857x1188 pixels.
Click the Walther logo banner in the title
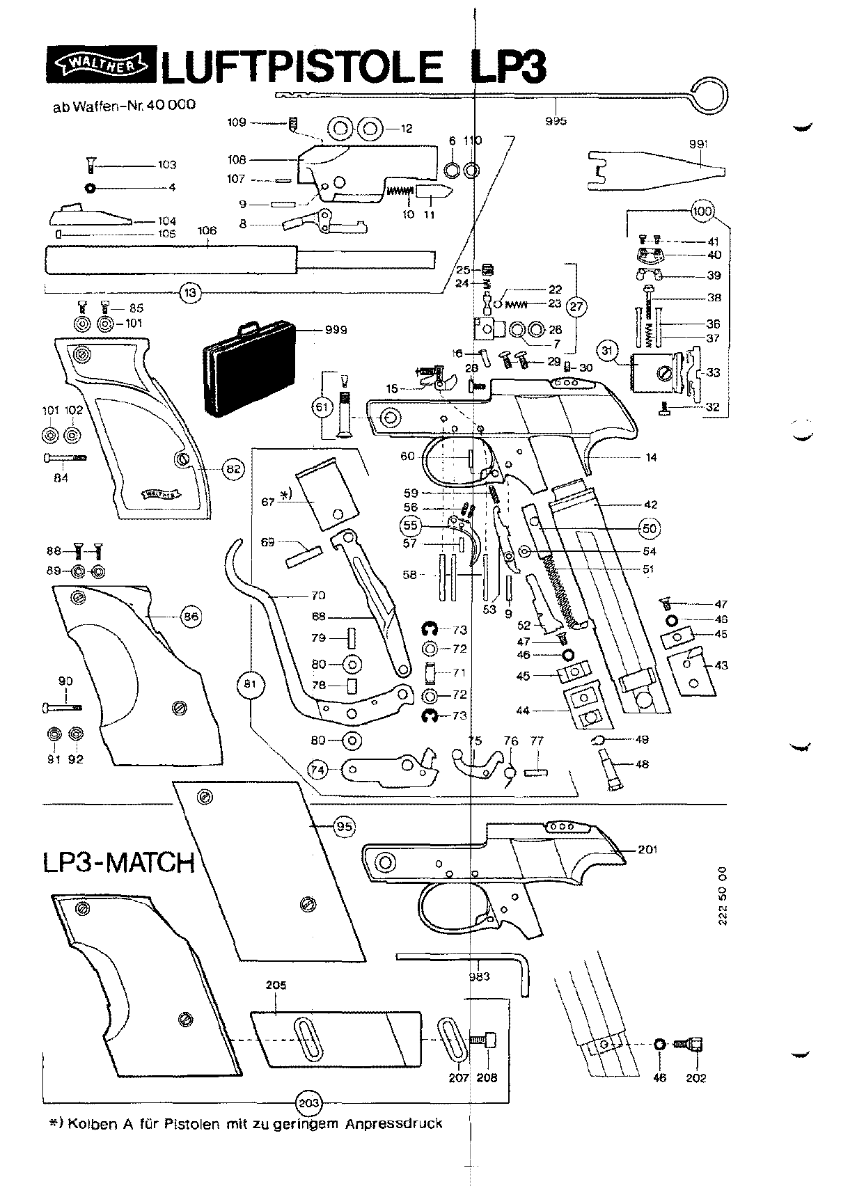(101, 65)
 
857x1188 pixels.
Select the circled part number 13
(190, 292)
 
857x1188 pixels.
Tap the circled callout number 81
(250, 684)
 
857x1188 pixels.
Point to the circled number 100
(702, 211)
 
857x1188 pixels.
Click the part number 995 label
(556, 121)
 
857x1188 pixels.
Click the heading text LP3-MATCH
(119, 862)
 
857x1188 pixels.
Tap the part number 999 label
(336, 330)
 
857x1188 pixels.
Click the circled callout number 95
(345, 826)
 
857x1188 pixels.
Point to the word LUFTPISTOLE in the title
(301, 67)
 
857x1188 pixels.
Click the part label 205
(276, 985)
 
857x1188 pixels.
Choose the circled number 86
(191, 617)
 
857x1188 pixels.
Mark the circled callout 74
(318, 770)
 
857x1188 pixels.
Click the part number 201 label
(647, 850)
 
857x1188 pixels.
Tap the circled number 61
(322, 407)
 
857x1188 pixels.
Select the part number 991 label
(698, 144)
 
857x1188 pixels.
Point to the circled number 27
(576, 306)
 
